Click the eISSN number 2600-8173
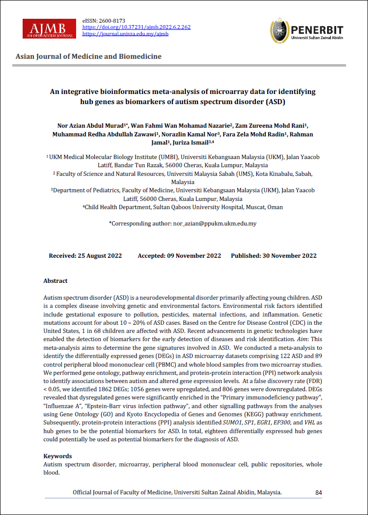coord(112,21)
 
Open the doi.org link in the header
coord(137,27)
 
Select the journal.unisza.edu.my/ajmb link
coord(126,34)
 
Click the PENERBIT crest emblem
coord(279,30)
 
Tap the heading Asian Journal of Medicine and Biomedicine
coord(89,56)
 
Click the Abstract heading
coord(55,280)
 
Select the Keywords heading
coord(58,456)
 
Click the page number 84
coord(318,492)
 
